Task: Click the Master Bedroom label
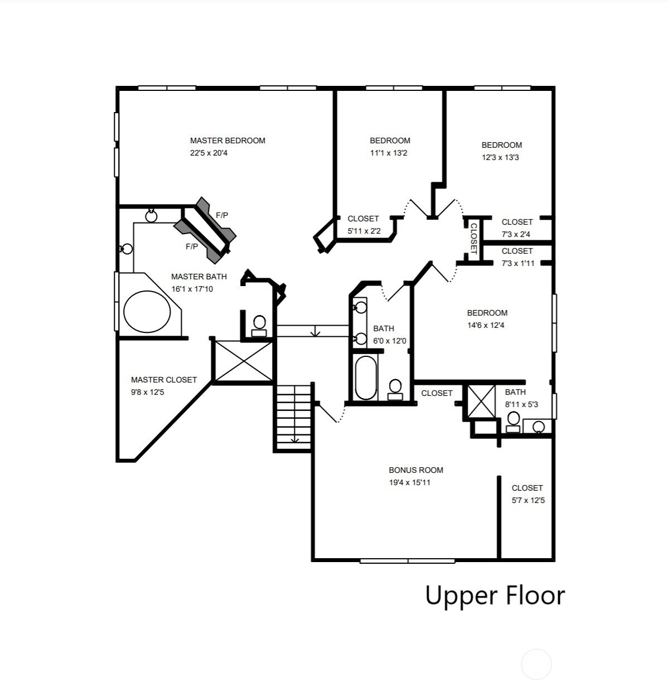point(227,141)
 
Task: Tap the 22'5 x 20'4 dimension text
point(209,153)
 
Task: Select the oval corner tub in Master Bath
point(147,312)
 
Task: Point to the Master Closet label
point(164,380)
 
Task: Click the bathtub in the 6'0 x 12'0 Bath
point(366,378)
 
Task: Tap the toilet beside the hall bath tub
point(395,388)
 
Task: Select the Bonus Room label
point(416,470)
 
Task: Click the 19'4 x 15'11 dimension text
point(410,482)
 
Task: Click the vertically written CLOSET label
point(473,238)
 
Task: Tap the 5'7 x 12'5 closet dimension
point(528,500)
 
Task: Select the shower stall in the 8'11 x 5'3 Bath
point(481,400)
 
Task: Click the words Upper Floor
point(495,596)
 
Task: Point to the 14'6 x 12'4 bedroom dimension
point(486,325)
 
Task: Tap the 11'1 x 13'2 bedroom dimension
point(389,153)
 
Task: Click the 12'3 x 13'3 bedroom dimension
point(500,157)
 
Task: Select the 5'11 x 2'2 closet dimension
point(364,231)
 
